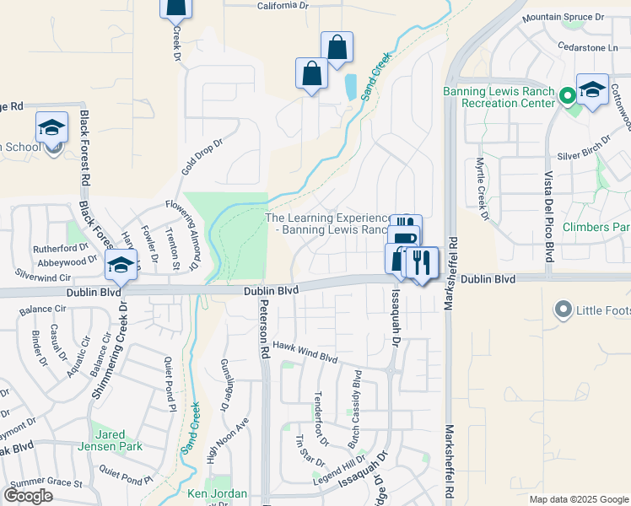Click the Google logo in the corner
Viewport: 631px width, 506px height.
point(28,496)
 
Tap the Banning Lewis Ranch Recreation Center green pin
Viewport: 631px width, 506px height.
point(569,96)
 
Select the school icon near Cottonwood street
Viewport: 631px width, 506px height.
point(592,90)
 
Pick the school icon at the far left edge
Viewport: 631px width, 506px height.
point(51,128)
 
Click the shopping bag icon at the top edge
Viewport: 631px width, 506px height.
point(175,8)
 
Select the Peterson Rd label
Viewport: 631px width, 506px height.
point(264,329)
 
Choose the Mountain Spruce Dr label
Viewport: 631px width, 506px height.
point(564,17)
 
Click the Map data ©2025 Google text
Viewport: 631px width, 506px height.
point(577,499)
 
